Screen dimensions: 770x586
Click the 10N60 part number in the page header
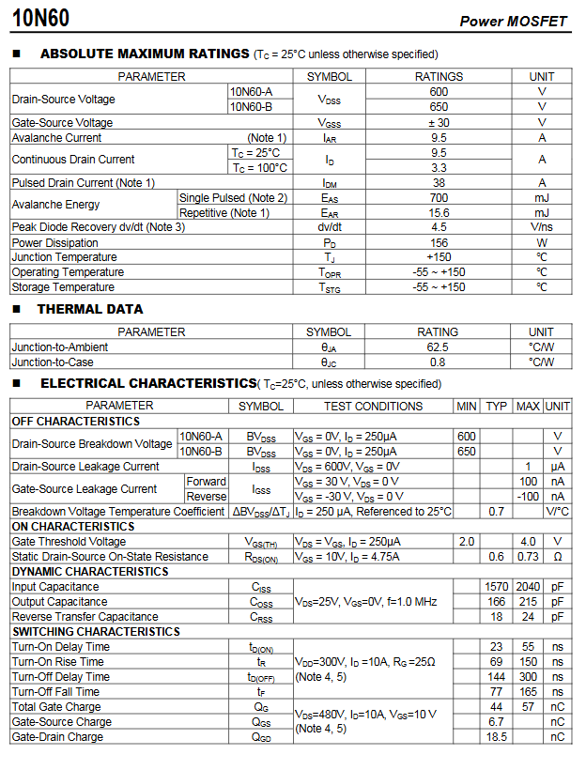pos(42,18)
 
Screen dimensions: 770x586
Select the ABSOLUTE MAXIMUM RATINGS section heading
pos(145,54)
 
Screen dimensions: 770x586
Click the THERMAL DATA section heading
pos(90,309)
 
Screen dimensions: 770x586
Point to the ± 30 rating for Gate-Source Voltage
pos(439,122)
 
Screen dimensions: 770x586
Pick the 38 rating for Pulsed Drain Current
pos(439,182)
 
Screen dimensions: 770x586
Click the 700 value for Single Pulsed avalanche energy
pos(439,197)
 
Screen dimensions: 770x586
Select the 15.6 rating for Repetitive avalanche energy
pos(439,212)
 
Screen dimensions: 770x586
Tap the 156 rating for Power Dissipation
pos(439,242)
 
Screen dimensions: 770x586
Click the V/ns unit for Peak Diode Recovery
pos(542,227)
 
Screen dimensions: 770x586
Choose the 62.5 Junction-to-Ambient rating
pos(438,346)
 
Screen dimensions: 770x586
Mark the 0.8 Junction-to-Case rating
pos(438,362)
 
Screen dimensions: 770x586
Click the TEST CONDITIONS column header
pos(373,406)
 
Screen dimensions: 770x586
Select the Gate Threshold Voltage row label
pos(69,542)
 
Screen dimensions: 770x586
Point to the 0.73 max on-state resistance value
pos(529,557)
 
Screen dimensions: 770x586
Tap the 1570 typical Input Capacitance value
pos(497,587)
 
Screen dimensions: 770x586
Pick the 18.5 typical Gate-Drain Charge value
pos(497,737)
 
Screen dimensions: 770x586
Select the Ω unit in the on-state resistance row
pos(557,557)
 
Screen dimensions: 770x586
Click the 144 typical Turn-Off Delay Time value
pos(497,677)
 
